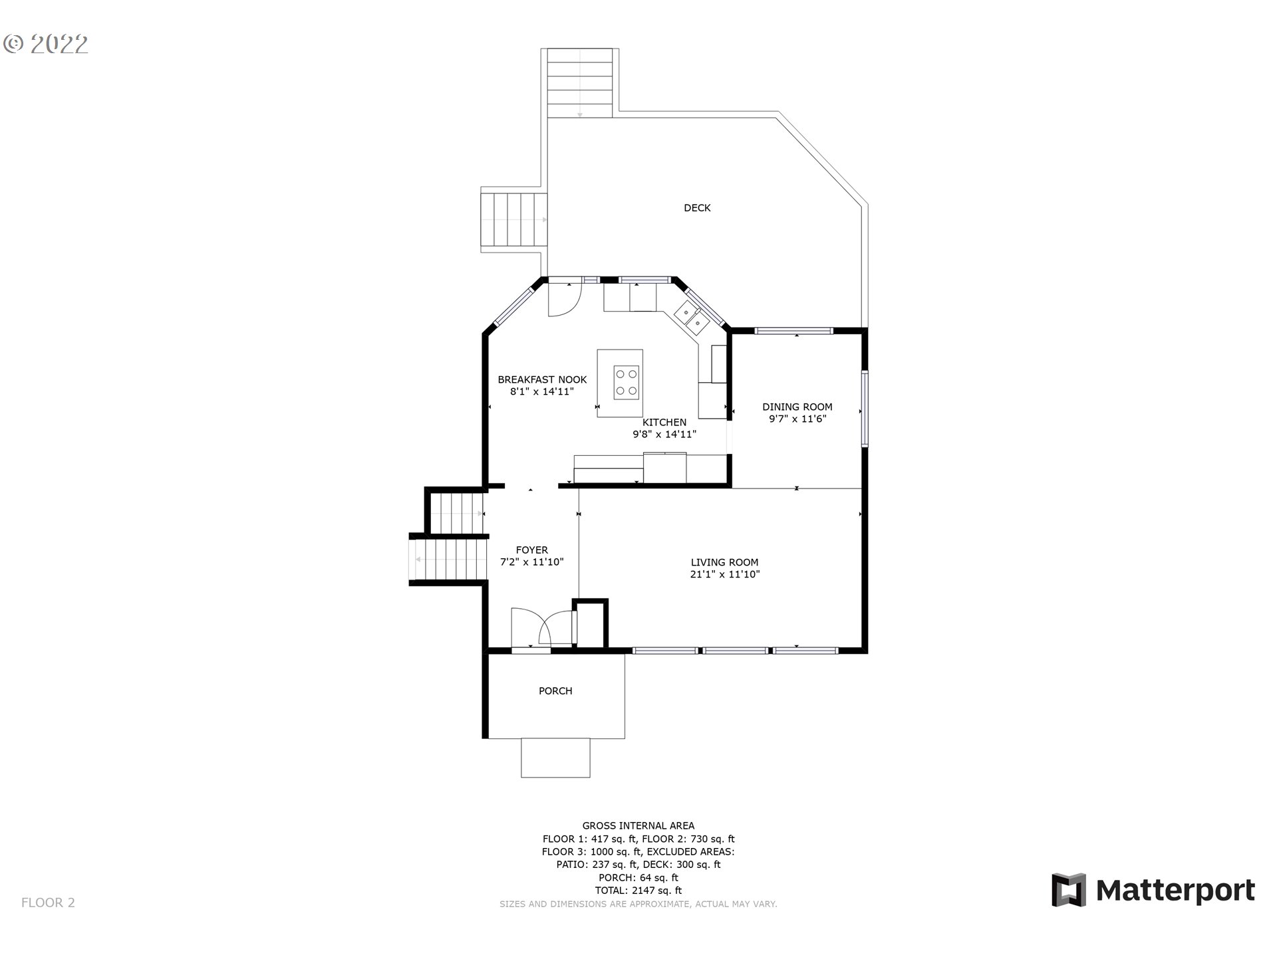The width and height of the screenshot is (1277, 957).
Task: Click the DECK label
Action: tap(697, 208)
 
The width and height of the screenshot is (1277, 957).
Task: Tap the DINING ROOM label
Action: tap(797, 407)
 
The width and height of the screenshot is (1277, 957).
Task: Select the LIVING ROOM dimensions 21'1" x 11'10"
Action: tap(724, 574)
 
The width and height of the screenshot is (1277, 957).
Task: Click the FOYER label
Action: tap(531, 550)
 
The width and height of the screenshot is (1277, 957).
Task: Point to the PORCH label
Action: tap(555, 691)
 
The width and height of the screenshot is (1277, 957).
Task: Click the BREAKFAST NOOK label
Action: tap(542, 379)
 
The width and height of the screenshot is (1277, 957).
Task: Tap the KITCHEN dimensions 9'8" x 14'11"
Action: tap(664, 435)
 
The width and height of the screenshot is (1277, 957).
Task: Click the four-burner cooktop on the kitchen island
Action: tap(626, 382)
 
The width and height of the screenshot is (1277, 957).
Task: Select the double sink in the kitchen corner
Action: tap(692, 318)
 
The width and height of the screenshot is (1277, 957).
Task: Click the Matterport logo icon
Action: tap(1068, 890)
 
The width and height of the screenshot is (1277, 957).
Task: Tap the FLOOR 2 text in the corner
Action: tap(48, 903)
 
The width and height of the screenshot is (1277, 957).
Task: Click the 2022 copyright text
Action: tap(46, 45)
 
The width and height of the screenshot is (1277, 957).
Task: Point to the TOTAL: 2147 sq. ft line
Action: tap(638, 891)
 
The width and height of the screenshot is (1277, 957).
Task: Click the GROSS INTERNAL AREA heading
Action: tap(638, 826)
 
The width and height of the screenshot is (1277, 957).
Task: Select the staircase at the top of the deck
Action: tap(579, 83)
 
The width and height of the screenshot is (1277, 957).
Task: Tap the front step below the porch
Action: tap(555, 758)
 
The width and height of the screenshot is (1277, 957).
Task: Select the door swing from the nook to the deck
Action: tap(562, 302)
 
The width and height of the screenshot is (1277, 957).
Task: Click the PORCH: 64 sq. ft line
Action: tap(638, 878)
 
